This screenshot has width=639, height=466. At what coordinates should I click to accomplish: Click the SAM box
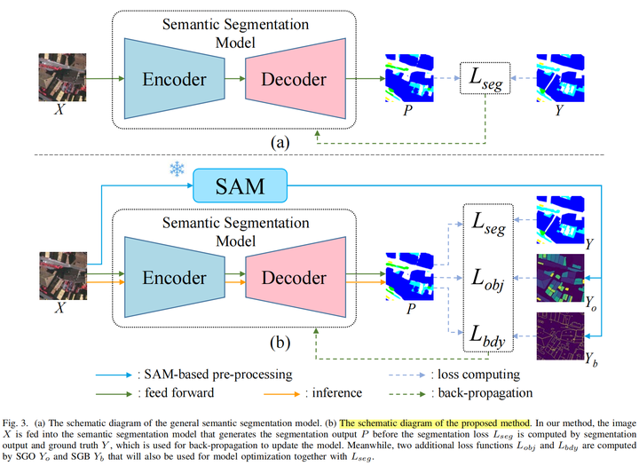[x=240, y=187]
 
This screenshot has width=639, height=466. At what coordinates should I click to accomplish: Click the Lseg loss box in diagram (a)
[x=485, y=79]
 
